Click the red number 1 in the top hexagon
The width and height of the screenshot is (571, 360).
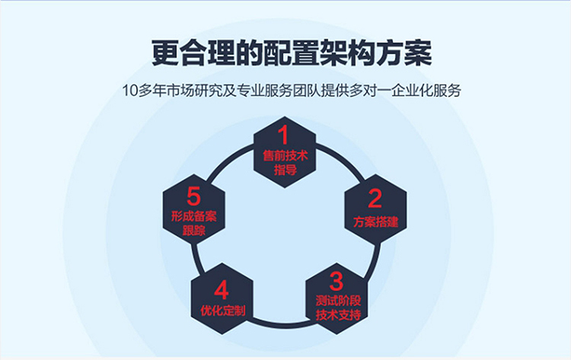click(x=283, y=136)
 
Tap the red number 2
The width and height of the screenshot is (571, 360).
click(x=375, y=199)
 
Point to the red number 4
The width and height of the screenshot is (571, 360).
click(x=222, y=290)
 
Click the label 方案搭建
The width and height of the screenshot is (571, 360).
click(x=375, y=222)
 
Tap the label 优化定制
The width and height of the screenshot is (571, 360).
click(x=222, y=312)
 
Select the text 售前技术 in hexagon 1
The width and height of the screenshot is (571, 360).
click(x=284, y=156)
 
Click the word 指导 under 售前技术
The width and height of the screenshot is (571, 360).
click(x=284, y=170)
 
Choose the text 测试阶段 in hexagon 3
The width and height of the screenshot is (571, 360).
click(x=337, y=300)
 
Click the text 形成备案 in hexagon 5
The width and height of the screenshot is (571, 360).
click(x=193, y=216)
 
